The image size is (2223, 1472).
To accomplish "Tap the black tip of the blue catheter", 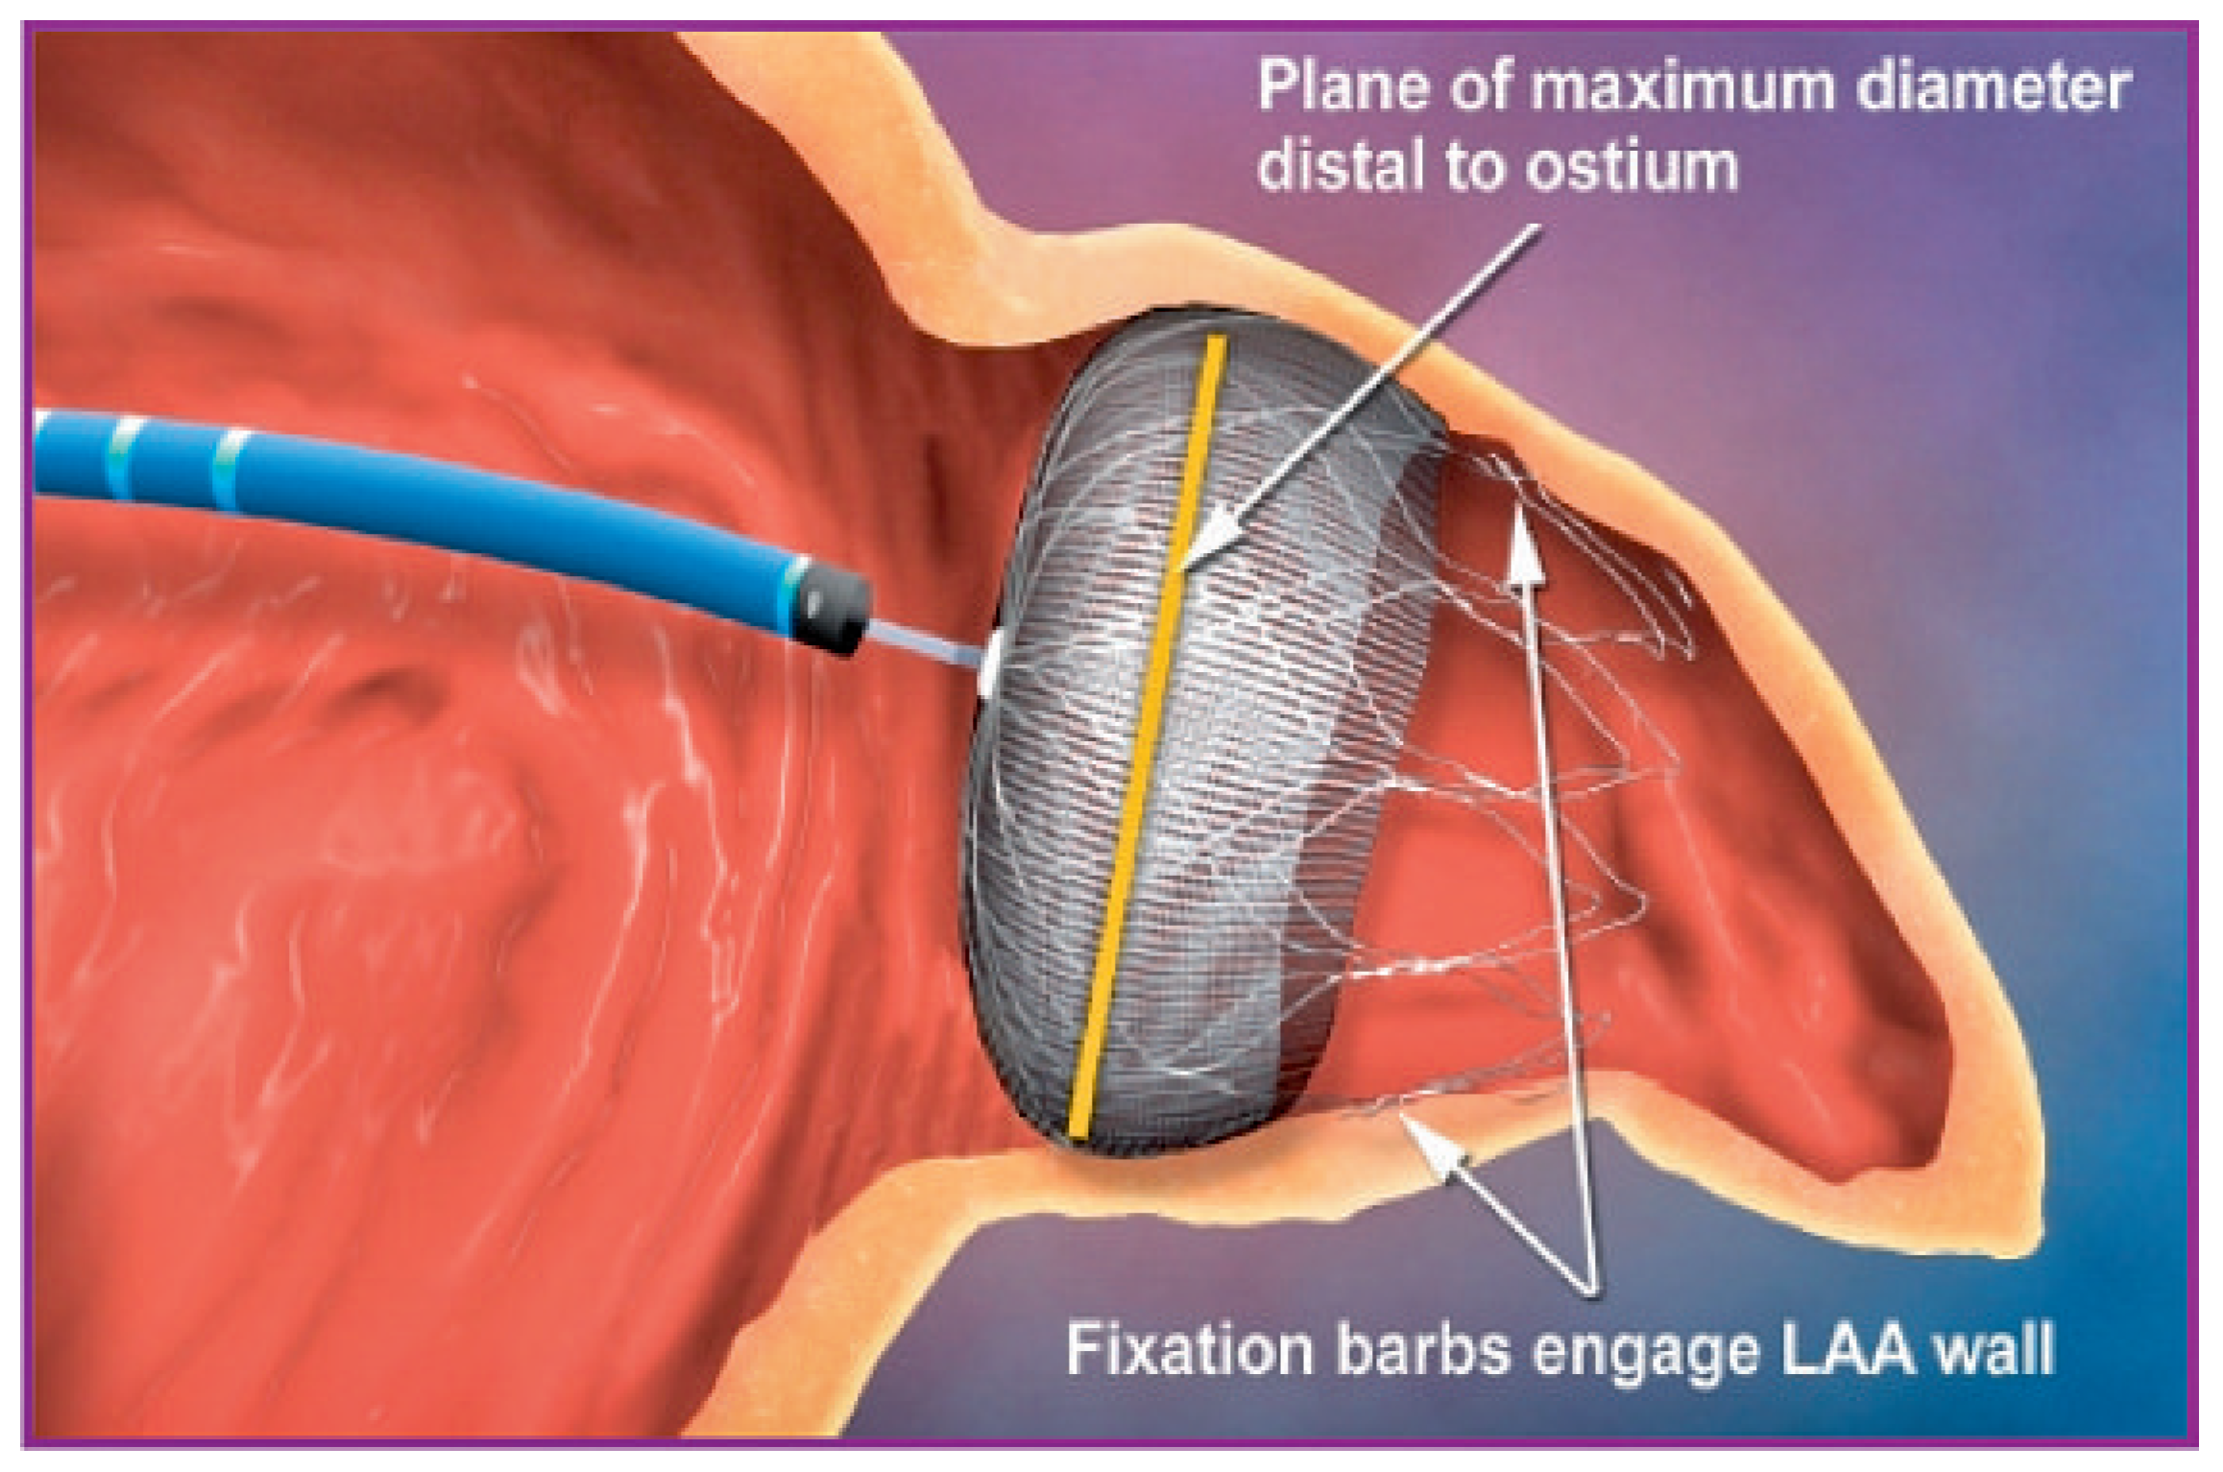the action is point(834,606).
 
